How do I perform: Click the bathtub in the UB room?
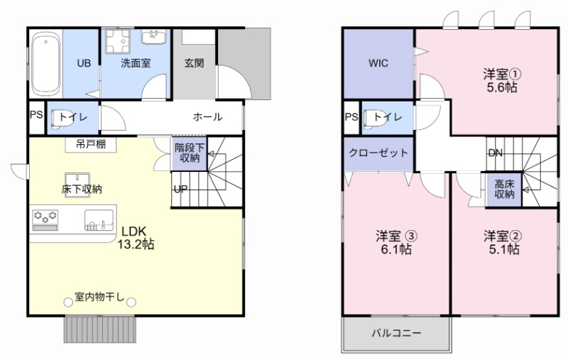click(x=45, y=63)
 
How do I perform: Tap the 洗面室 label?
click(x=135, y=63)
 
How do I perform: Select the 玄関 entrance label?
click(x=194, y=63)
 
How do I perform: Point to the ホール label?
click(x=207, y=117)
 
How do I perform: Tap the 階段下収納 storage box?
click(x=190, y=153)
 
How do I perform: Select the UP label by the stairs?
click(x=181, y=190)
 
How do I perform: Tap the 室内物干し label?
click(x=99, y=296)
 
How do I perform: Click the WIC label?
click(x=378, y=63)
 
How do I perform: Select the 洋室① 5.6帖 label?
click(x=501, y=80)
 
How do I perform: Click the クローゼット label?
click(x=378, y=153)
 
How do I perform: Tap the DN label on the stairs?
click(x=496, y=153)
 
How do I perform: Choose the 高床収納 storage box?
click(x=504, y=189)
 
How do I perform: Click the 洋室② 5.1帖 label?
click(x=502, y=242)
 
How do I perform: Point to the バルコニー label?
click(x=397, y=333)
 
